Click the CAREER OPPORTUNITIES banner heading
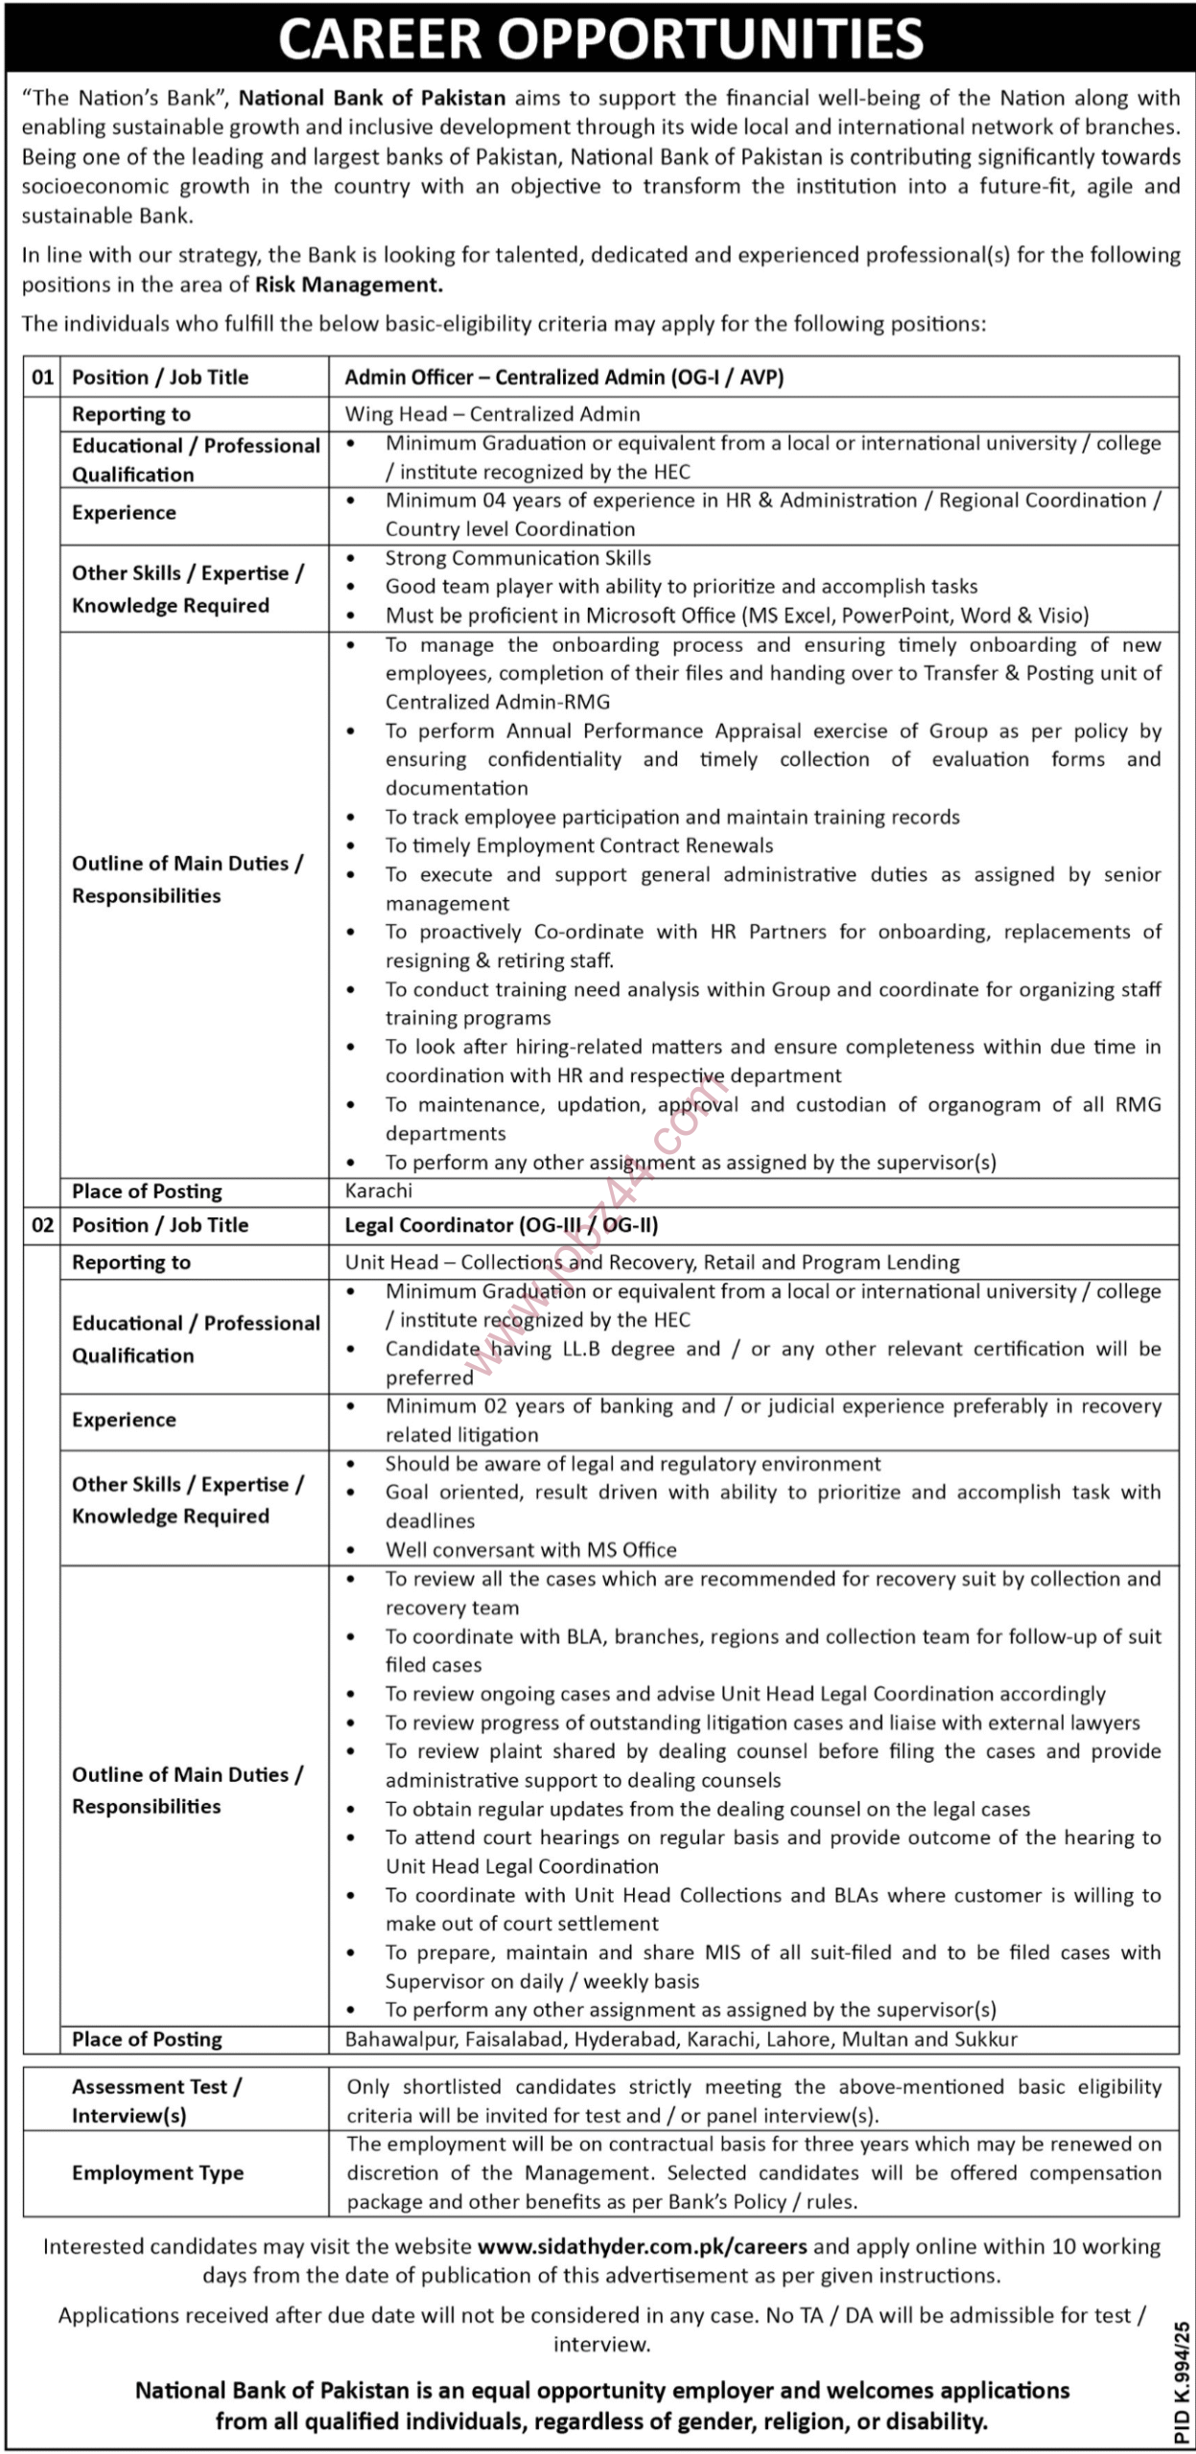(x=600, y=38)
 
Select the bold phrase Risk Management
(x=348, y=285)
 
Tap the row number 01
(x=43, y=378)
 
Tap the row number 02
(x=43, y=1225)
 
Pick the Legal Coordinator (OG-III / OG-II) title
(x=502, y=1225)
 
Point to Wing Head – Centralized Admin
(x=492, y=414)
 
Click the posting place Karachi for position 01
(x=379, y=1191)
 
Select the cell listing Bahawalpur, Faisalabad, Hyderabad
(x=681, y=2039)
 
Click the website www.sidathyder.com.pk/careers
(x=642, y=2246)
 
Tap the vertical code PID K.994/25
(x=1180, y=2381)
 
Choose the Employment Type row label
(x=157, y=2173)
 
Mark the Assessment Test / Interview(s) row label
(x=156, y=2100)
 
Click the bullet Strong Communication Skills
(x=518, y=558)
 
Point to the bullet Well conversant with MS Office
(x=530, y=1550)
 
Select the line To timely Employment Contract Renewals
(x=579, y=845)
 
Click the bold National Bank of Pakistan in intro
(x=372, y=98)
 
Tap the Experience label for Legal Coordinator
(x=124, y=1420)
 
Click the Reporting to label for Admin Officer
(x=131, y=414)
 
